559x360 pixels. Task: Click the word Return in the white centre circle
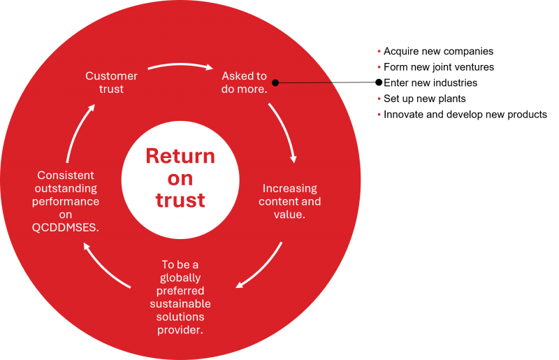[x=180, y=155]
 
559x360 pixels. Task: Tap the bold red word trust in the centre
[x=180, y=200]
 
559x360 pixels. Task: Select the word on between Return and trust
[x=180, y=178]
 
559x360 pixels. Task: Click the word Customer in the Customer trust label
[x=112, y=75]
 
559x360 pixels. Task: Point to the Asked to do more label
[x=244, y=82]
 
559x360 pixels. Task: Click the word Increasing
[x=289, y=189]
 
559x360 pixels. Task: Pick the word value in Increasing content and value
[x=290, y=215]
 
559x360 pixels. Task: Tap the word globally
[x=180, y=278]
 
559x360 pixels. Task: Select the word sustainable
[x=180, y=304]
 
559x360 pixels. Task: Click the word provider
[x=180, y=330]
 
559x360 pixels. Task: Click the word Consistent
[x=66, y=175]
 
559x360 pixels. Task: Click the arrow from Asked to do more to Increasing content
[x=284, y=133]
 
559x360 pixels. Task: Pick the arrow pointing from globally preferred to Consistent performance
[x=106, y=266]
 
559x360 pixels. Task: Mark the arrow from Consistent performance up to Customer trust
[x=79, y=132]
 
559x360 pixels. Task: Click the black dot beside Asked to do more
[x=275, y=82]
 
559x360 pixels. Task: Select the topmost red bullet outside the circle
[x=379, y=51]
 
